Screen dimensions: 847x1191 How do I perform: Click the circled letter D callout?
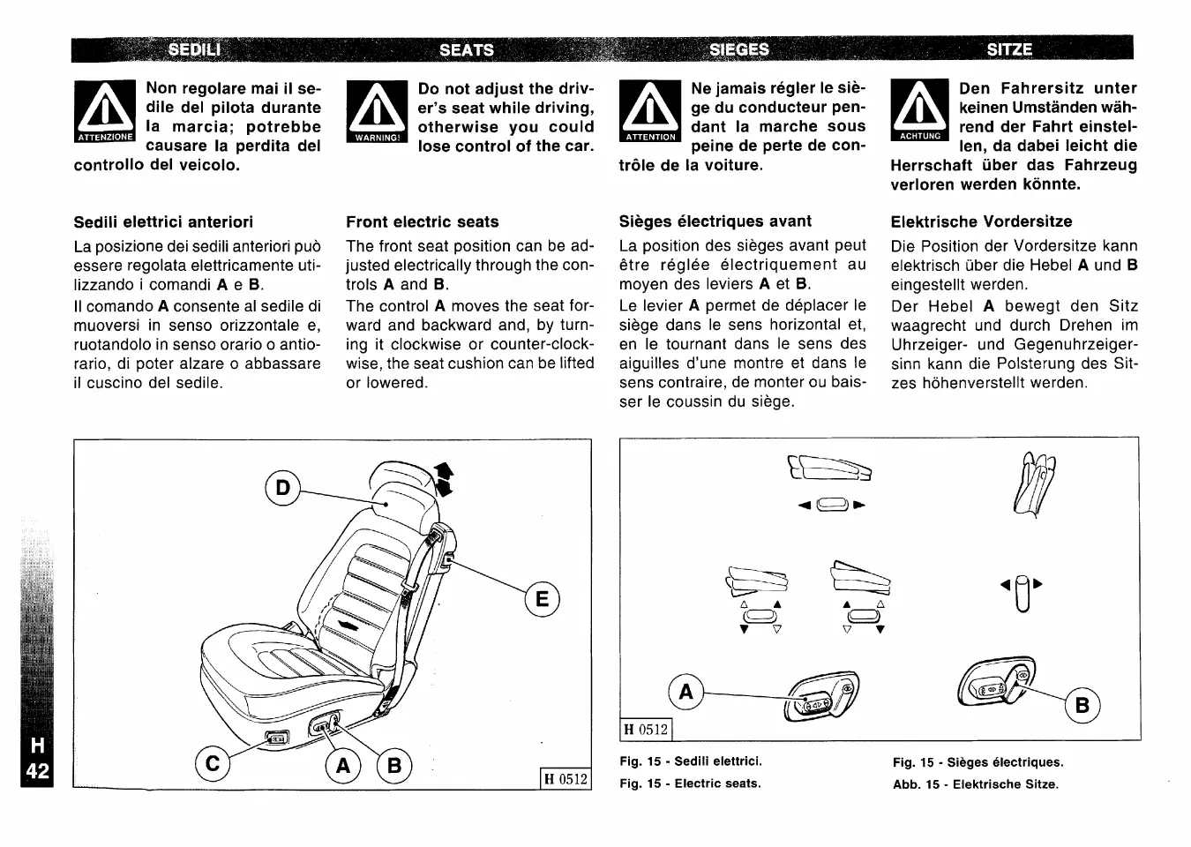point(282,488)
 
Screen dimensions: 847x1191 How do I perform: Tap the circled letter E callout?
point(542,600)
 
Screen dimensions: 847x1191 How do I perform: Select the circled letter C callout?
point(212,763)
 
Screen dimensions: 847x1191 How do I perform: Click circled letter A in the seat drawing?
point(343,767)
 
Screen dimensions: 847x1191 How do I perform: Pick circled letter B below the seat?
point(393,767)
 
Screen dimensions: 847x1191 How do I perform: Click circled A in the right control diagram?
point(686,693)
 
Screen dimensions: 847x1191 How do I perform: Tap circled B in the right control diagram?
point(1082,705)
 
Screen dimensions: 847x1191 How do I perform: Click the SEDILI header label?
point(194,49)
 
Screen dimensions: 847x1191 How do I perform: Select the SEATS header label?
point(467,49)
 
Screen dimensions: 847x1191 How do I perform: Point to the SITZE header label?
point(1009,49)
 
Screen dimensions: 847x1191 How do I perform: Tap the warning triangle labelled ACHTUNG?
point(920,109)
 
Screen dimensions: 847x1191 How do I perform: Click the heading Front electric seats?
point(423,221)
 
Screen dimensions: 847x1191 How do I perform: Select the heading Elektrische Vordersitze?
point(981,221)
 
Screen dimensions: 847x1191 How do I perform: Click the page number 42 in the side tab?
point(37,771)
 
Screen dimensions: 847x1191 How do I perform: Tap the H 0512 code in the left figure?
point(565,779)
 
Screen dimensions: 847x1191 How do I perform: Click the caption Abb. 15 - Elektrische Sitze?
point(975,784)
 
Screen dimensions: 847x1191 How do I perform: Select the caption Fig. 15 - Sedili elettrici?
point(691,761)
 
